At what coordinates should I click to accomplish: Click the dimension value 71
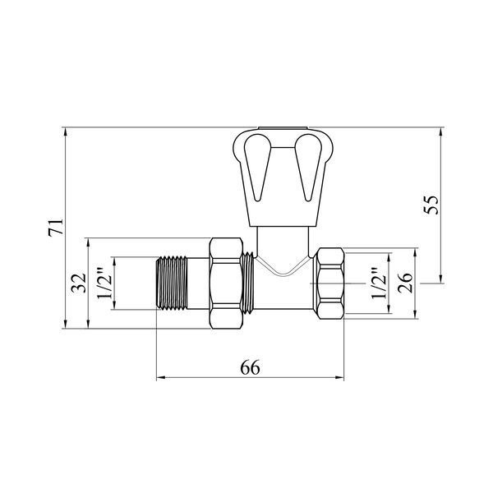56,228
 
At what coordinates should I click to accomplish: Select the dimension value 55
431,205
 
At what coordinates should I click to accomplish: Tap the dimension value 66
251,367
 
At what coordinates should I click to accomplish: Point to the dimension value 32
78,283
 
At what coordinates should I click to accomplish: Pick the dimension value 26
405,283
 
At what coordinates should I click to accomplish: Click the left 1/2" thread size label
104,283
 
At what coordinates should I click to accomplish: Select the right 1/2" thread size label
379,283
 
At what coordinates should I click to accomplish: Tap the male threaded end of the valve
172,283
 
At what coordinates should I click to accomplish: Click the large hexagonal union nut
227,283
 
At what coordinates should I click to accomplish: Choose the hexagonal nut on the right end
331,283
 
